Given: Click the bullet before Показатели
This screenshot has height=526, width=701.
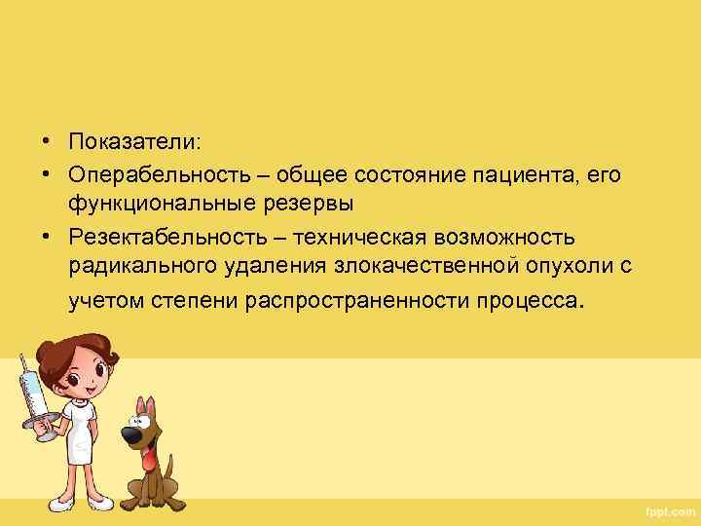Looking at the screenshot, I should [x=46, y=142].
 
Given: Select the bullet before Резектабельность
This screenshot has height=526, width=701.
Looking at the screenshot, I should [x=46, y=238].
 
